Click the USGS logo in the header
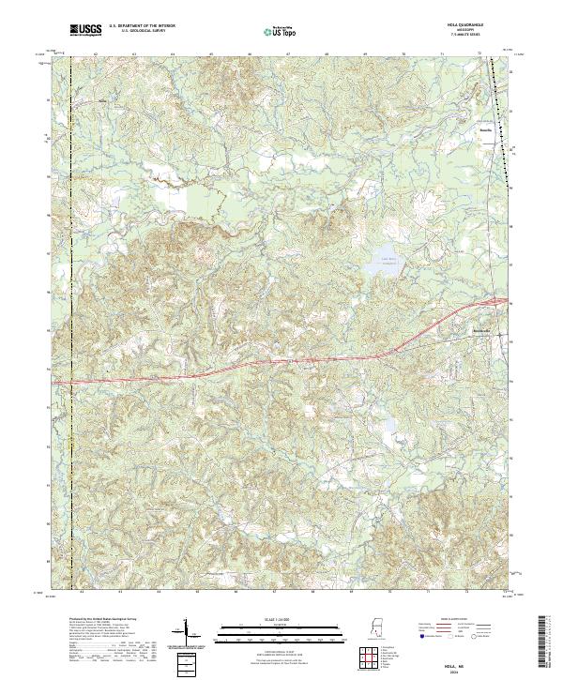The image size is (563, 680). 85,31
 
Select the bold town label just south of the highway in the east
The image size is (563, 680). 482,334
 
